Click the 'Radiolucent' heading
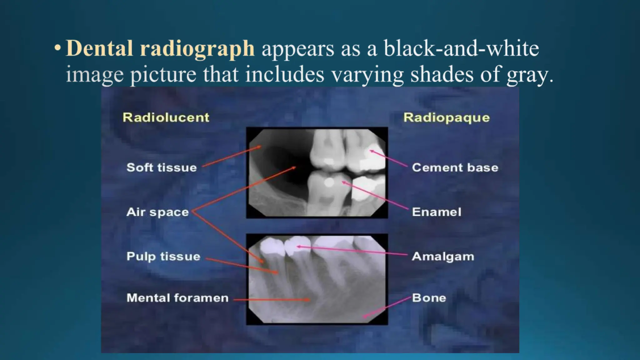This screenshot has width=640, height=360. tap(166, 117)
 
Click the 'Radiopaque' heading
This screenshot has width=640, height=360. tap(446, 118)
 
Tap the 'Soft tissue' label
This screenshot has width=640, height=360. tap(162, 167)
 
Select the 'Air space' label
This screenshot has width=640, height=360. tap(157, 212)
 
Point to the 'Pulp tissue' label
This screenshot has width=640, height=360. tap(163, 257)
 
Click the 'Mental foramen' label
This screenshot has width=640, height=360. tap(177, 298)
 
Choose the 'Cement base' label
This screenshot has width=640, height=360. tap(455, 167)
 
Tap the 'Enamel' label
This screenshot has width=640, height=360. tap(436, 212)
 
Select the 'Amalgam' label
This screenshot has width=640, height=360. tap(443, 257)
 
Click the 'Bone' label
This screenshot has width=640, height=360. tap(429, 298)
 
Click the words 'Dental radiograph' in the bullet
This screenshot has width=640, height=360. tap(160, 48)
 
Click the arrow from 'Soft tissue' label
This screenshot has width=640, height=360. tap(231, 156)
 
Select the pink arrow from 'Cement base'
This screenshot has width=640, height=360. tap(389, 159)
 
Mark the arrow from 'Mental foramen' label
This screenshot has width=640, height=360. tap(272, 300)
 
